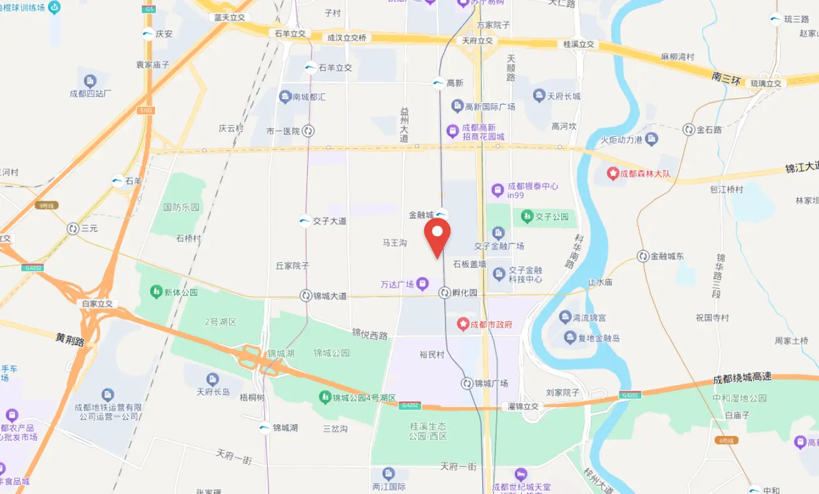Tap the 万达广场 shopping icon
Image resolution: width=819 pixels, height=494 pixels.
click(x=423, y=285)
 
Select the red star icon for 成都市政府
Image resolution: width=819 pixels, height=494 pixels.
click(x=463, y=324)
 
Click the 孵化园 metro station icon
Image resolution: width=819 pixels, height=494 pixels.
click(x=445, y=293)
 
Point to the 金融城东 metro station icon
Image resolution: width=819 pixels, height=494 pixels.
click(x=643, y=256)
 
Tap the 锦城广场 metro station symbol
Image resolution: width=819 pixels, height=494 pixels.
click(x=467, y=383)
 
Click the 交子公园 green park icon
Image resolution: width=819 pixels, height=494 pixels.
click(x=527, y=216)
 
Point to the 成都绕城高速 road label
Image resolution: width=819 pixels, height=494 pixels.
click(x=742, y=378)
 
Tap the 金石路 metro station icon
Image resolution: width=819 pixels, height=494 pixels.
click(x=689, y=129)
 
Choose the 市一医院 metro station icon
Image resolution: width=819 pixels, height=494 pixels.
click(x=308, y=131)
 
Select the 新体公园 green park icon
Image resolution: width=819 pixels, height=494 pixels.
click(x=156, y=292)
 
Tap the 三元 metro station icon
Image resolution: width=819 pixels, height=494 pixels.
click(x=73, y=229)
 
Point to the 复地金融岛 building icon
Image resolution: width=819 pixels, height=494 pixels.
click(x=569, y=338)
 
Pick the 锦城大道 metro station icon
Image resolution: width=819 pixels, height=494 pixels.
click(x=306, y=296)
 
